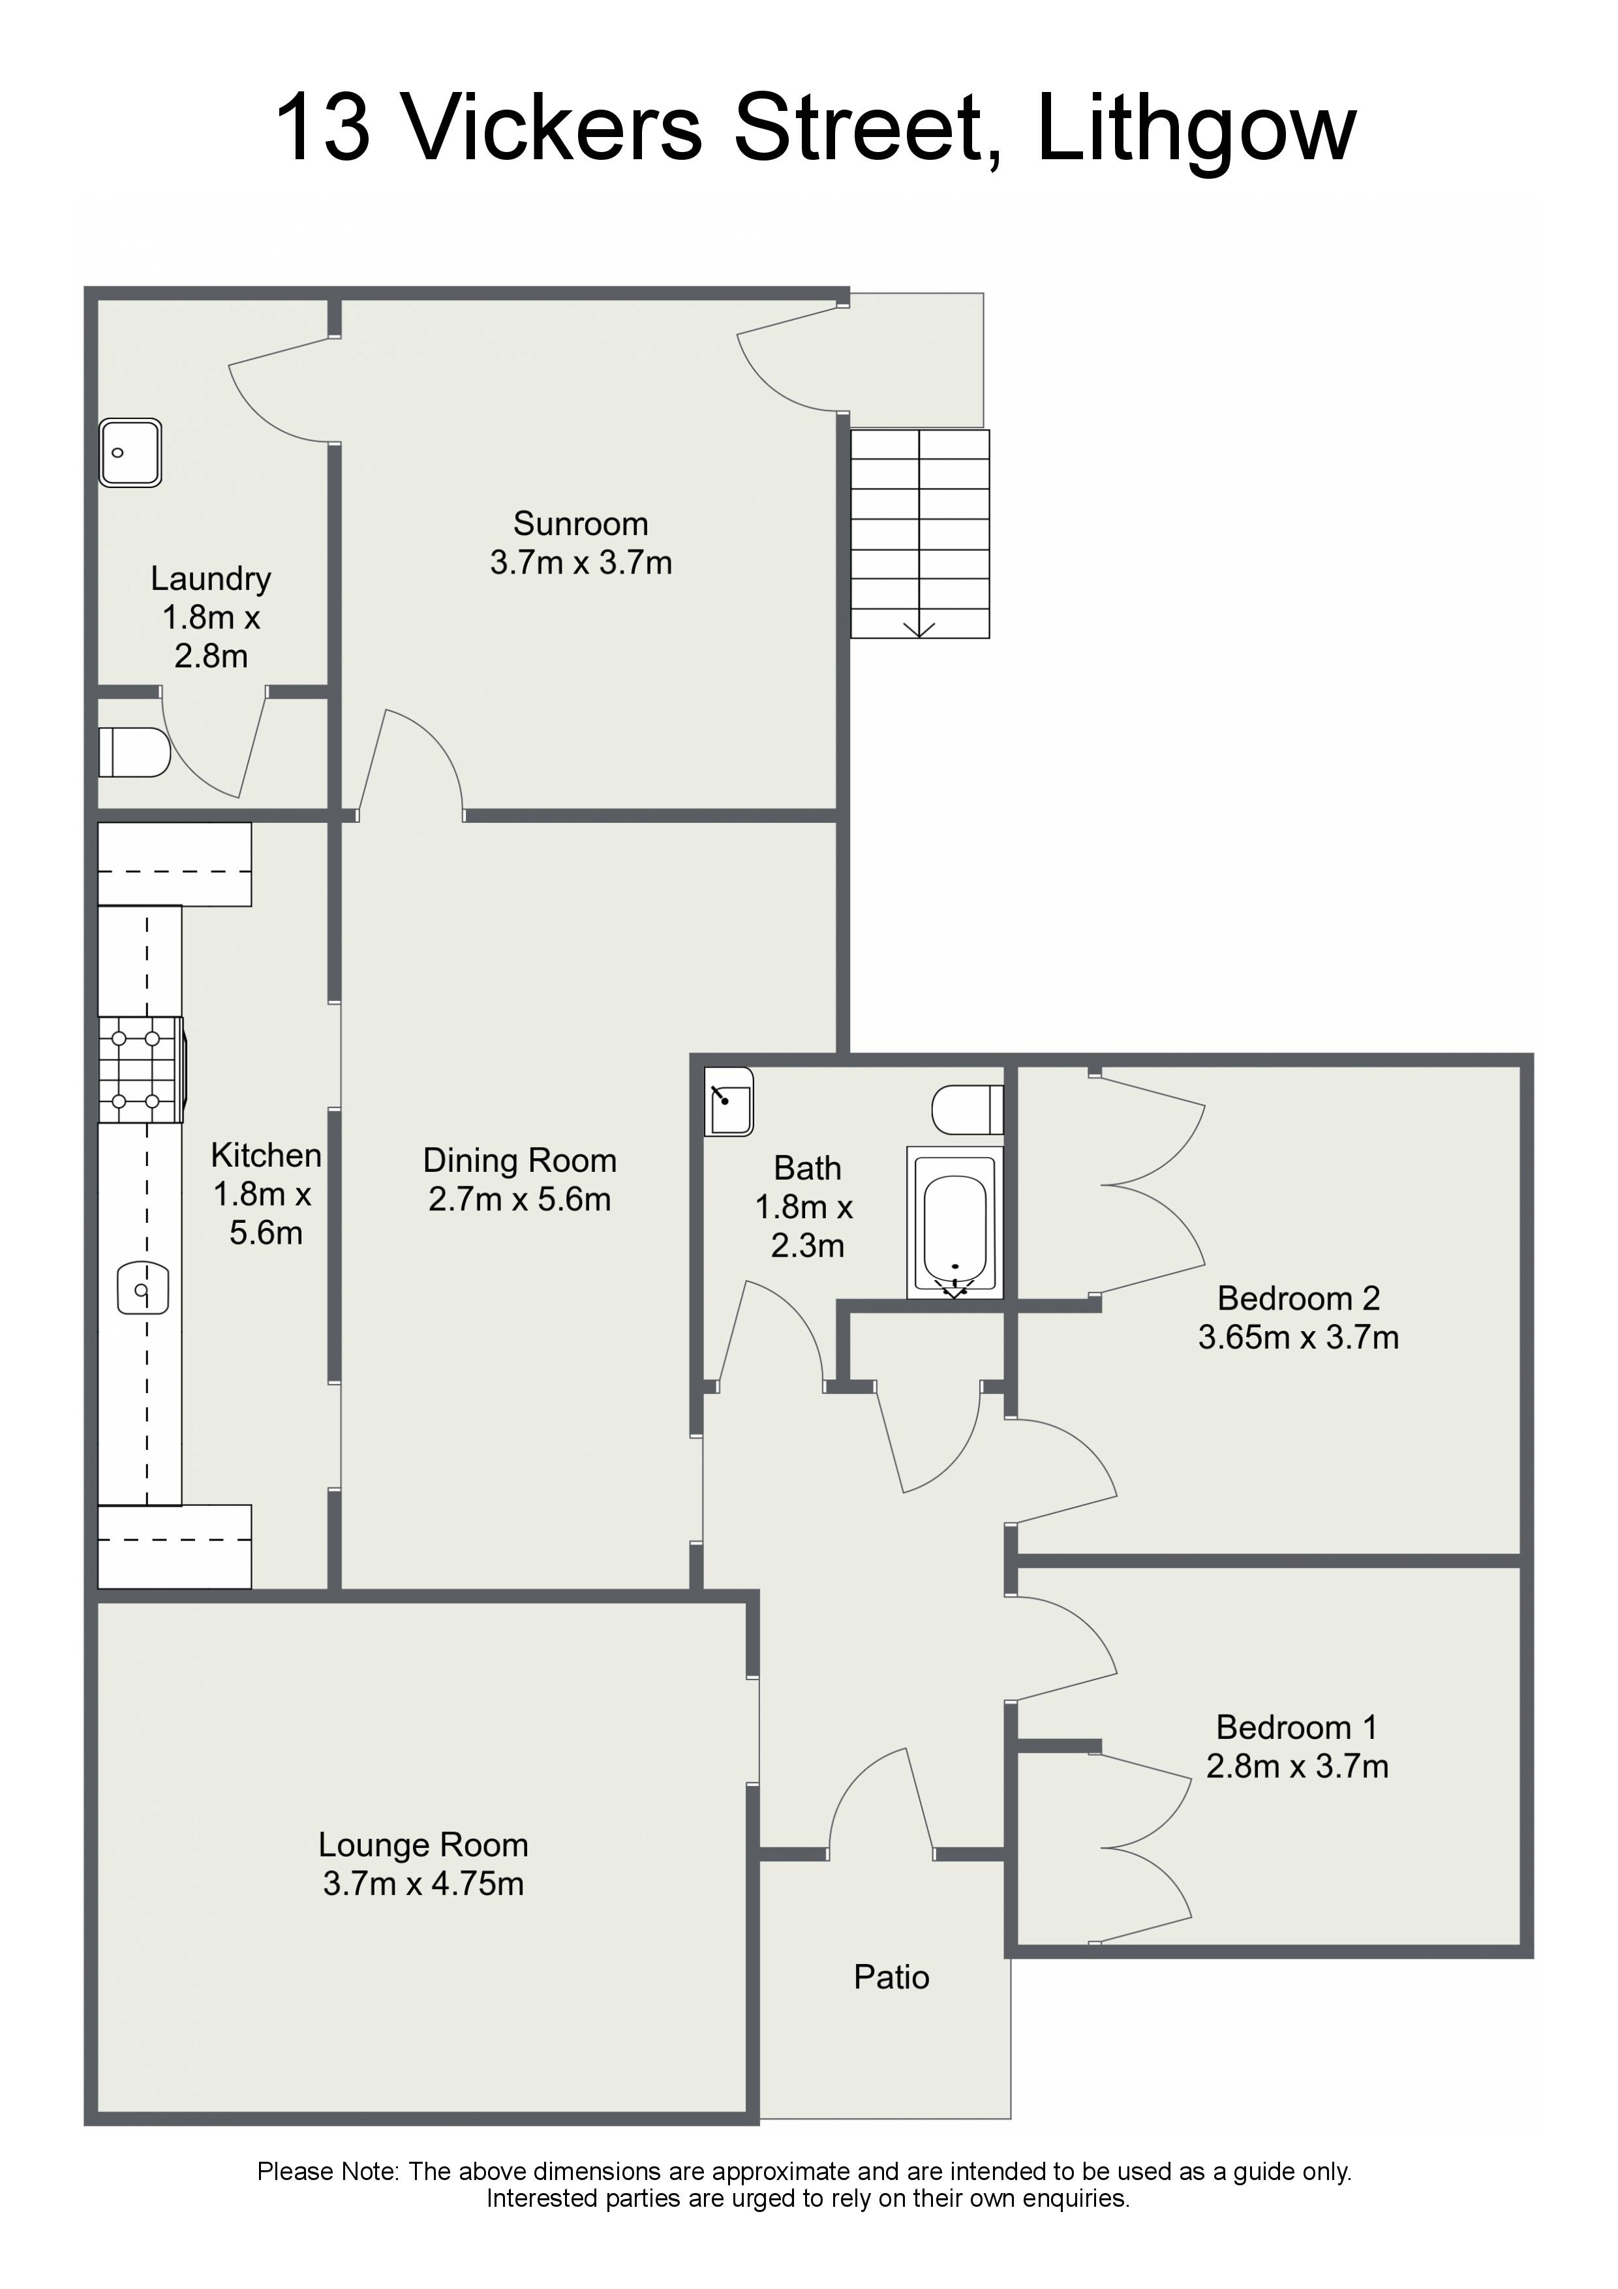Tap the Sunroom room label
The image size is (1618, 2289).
click(x=580, y=523)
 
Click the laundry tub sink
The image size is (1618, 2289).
click(x=130, y=453)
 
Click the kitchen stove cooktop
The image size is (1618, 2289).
click(x=140, y=1069)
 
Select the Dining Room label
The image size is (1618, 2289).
click(x=519, y=1160)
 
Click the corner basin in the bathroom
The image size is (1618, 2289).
click(x=729, y=1101)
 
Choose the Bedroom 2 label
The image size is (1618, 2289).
click(x=1298, y=1298)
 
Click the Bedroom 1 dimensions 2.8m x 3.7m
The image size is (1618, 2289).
click(x=1297, y=1766)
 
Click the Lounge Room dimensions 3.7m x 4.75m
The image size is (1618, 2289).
click(x=423, y=1883)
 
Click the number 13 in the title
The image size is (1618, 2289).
click(x=322, y=128)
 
